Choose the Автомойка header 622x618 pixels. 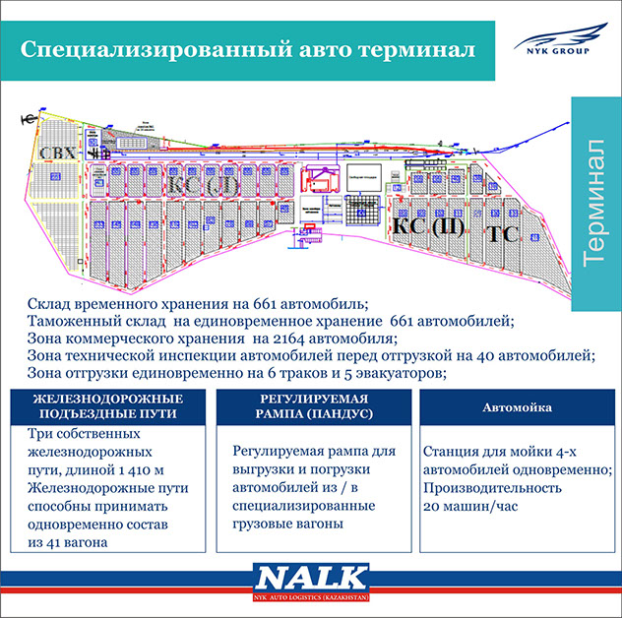pyautogui.click(x=517, y=406)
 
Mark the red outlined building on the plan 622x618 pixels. pyautogui.click(x=321, y=179)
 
